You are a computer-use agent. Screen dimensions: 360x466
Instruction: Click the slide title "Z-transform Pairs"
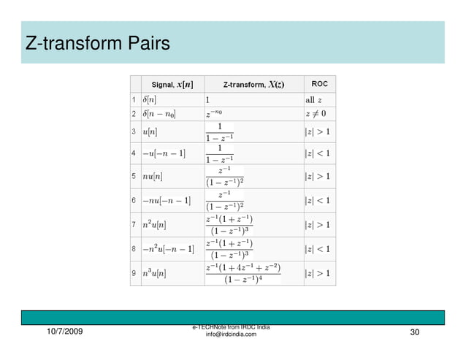(98, 44)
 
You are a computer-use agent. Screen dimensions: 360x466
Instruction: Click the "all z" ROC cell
(319, 99)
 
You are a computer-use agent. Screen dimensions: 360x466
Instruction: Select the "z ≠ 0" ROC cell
(316, 113)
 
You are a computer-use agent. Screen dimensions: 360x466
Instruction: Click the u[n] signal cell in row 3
(150, 132)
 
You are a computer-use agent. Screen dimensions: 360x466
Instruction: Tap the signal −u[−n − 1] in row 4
(164, 153)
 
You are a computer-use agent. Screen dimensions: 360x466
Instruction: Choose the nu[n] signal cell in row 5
(153, 177)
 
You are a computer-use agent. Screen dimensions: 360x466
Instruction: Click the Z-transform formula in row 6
(224, 200)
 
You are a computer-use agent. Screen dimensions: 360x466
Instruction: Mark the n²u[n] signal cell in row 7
(156, 225)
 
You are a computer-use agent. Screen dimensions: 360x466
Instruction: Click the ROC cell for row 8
(318, 249)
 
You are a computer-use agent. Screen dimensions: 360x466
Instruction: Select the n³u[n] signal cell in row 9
(156, 273)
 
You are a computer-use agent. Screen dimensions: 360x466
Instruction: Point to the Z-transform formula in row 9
(242, 273)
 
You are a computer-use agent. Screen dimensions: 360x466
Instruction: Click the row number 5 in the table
(134, 177)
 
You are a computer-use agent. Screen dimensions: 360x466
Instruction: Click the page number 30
(416, 333)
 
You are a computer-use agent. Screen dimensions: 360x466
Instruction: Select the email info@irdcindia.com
(231, 334)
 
